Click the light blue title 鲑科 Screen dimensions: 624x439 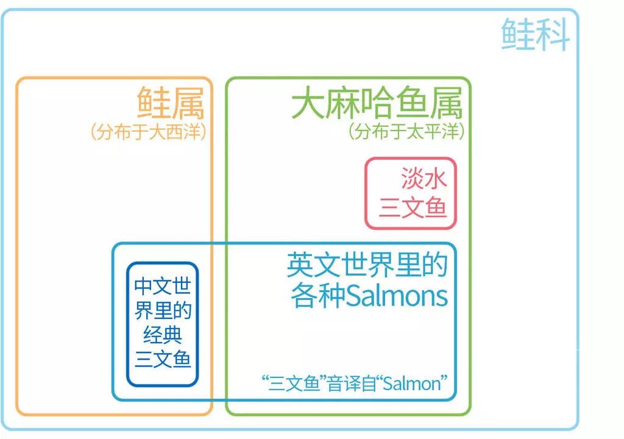tap(535, 35)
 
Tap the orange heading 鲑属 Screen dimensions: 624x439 tap(171, 103)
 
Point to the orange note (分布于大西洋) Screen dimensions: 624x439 tap(149, 132)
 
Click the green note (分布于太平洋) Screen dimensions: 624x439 tap(406, 131)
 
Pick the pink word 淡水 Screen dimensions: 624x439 tap(424, 178)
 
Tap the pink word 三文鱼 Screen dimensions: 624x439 tap(413, 208)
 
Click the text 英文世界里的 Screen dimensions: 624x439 tap(367, 265)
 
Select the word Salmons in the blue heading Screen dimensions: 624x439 tap(397, 296)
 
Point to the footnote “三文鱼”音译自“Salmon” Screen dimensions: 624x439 tap(355, 384)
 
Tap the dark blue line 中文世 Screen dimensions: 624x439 tap(163, 286)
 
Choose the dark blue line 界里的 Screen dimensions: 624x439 tap(163, 311)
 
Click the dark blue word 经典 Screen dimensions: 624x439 tap(163, 335)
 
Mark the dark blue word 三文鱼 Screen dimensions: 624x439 tap(163, 359)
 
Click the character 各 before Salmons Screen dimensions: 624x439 tap(304, 296)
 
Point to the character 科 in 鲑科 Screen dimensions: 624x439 tap(553, 35)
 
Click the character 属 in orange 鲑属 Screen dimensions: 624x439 tap(188, 103)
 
